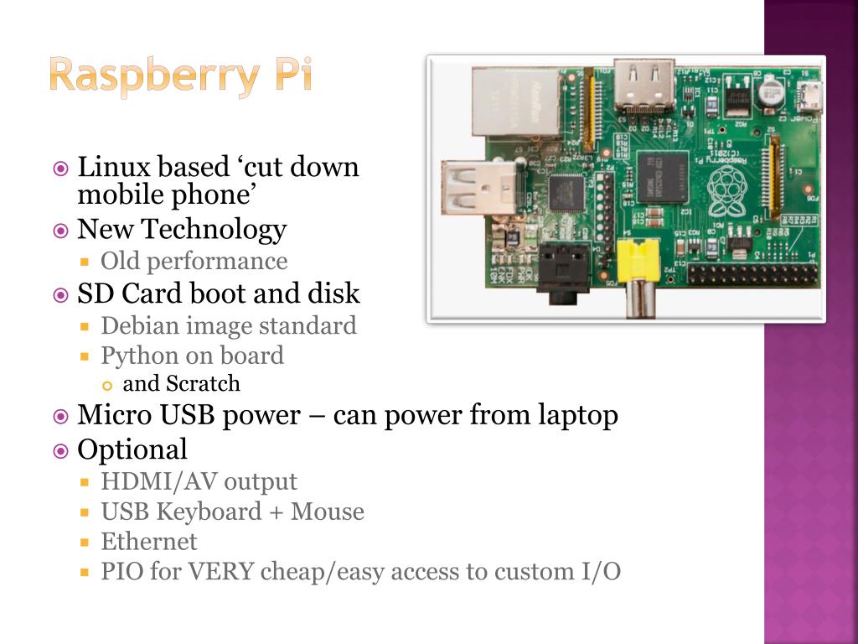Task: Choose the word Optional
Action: pyautogui.click(x=132, y=449)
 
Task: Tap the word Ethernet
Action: pyautogui.click(x=149, y=542)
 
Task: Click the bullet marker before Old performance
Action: pyautogui.click(x=85, y=262)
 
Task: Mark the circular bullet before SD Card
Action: pyautogui.click(x=60, y=294)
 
